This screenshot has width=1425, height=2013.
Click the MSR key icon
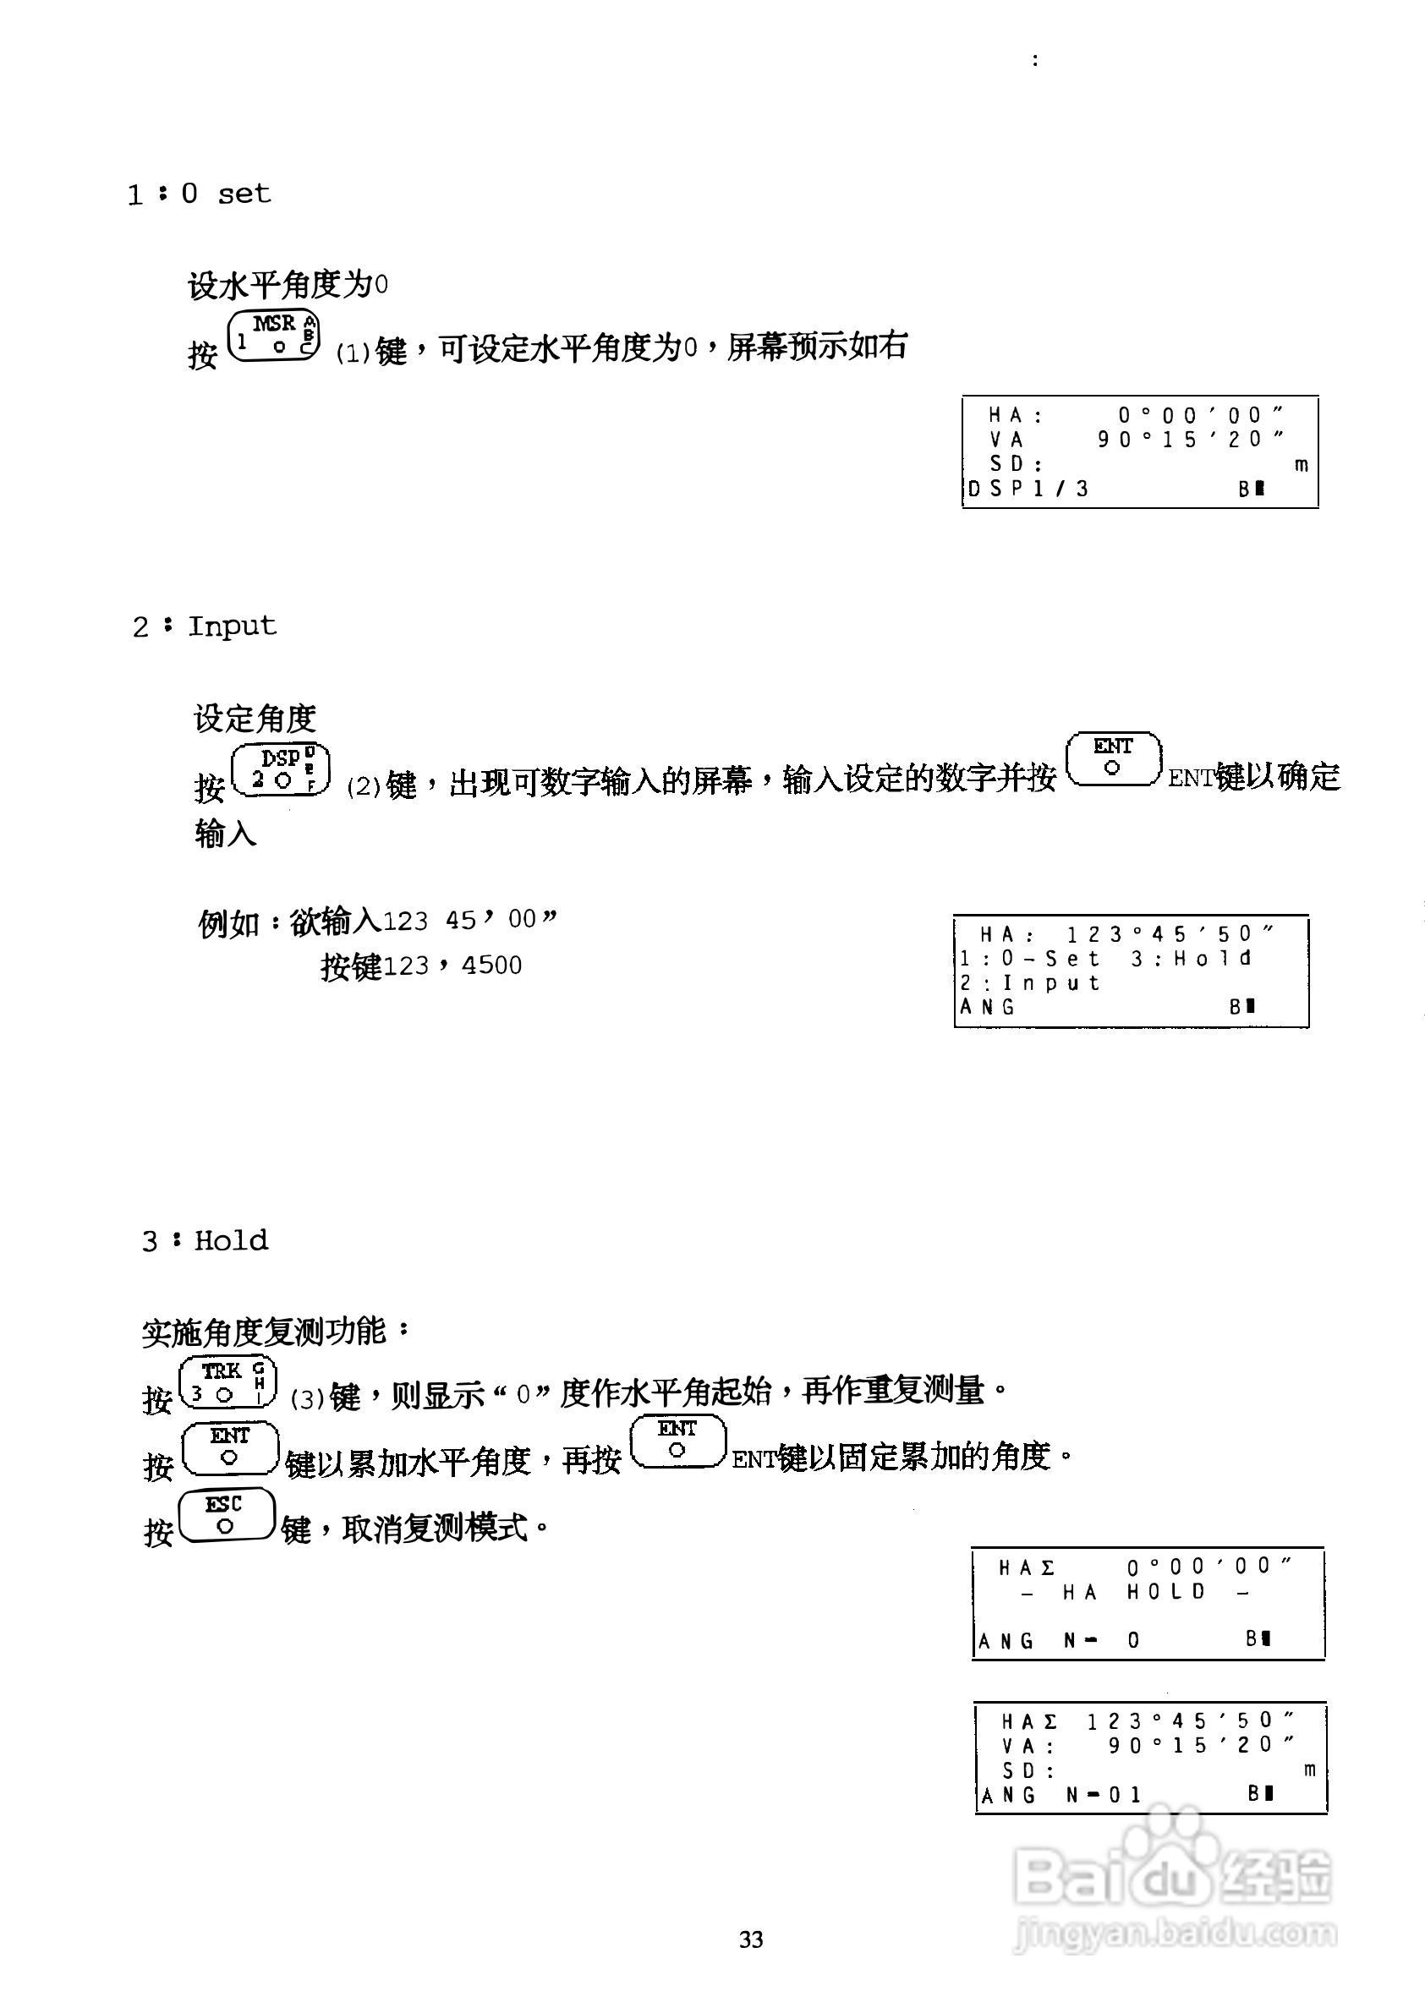point(274,334)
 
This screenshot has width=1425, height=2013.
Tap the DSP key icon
point(281,769)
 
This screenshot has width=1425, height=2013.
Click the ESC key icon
point(227,1516)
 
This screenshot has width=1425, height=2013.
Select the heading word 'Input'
point(232,626)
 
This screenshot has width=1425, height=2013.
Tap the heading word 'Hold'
point(231,1239)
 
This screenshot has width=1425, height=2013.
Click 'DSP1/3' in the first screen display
point(1028,489)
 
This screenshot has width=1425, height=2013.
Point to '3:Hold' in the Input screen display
point(1191,959)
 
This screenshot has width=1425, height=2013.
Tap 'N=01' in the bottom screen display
point(1104,1796)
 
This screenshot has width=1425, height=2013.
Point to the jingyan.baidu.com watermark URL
point(1175,1932)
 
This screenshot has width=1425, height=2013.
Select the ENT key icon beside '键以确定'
point(1113,759)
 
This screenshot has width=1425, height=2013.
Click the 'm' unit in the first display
point(1302,465)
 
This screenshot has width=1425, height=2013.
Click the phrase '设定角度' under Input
point(255,719)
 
